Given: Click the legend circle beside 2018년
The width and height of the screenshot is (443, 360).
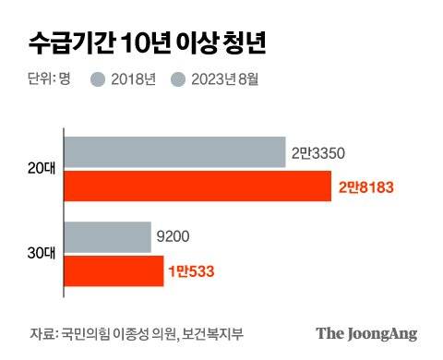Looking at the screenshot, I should click(x=97, y=79).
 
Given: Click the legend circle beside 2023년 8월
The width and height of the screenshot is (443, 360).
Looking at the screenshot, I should click(x=178, y=79).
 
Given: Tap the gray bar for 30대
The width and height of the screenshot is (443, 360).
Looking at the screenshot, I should click(x=107, y=236).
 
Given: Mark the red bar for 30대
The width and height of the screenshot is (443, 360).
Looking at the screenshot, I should click(x=114, y=270).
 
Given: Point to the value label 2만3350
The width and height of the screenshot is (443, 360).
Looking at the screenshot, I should click(x=318, y=152).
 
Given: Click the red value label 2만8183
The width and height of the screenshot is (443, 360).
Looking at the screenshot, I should click(x=366, y=186).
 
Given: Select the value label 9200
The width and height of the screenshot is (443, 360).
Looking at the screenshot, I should click(x=174, y=237).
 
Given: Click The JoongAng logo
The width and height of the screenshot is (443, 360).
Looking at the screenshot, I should click(x=366, y=333).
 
